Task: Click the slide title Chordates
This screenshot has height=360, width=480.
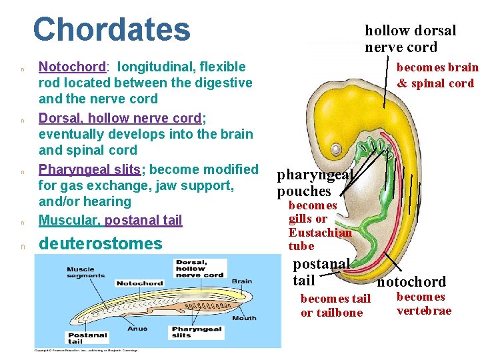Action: [111, 30]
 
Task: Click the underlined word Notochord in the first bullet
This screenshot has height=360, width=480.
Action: [73, 67]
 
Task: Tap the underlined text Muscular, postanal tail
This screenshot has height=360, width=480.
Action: [110, 220]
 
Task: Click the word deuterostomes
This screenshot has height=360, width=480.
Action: [101, 244]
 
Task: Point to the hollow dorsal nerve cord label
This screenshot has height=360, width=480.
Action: [410, 39]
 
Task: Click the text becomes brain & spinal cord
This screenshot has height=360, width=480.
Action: [436, 75]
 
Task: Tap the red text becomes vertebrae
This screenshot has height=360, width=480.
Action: [423, 303]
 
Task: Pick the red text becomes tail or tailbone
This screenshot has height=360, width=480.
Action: [335, 306]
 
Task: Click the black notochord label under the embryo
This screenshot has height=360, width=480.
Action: [411, 282]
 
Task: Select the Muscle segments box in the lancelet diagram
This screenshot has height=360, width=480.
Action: [85, 272]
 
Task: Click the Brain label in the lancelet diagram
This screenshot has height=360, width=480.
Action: [242, 281]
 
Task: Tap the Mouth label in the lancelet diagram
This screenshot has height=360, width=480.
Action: [243, 318]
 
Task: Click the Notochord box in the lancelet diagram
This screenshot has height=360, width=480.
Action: [139, 283]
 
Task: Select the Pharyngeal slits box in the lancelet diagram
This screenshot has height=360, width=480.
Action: [197, 332]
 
